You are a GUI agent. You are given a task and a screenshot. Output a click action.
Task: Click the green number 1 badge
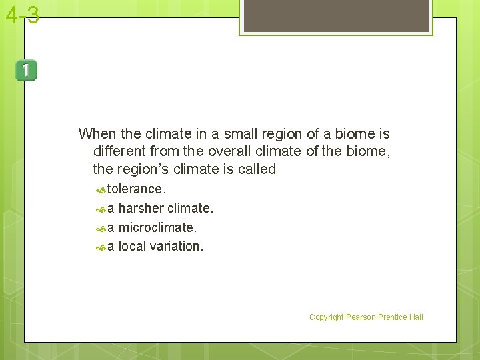(27, 71)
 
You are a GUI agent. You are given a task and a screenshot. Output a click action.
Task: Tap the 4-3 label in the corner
(22, 15)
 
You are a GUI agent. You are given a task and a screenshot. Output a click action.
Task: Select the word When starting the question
(97, 133)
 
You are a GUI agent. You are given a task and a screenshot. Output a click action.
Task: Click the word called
(257, 169)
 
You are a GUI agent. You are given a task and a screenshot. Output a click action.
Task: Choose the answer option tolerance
(136, 189)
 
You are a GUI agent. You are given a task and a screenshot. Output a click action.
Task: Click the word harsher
(141, 209)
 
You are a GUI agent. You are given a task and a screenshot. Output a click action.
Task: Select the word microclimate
(157, 228)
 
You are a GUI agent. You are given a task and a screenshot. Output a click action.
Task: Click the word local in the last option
(132, 247)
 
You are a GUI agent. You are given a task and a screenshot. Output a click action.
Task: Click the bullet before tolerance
(101, 190)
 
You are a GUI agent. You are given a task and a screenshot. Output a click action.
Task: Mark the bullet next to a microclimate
(101, 229)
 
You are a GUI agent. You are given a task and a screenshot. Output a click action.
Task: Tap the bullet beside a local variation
(101, 247)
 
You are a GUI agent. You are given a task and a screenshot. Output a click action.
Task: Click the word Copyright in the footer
(326, 317)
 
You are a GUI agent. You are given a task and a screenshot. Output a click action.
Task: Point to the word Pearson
(361, 317)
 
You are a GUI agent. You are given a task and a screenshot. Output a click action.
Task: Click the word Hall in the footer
(416, 317)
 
